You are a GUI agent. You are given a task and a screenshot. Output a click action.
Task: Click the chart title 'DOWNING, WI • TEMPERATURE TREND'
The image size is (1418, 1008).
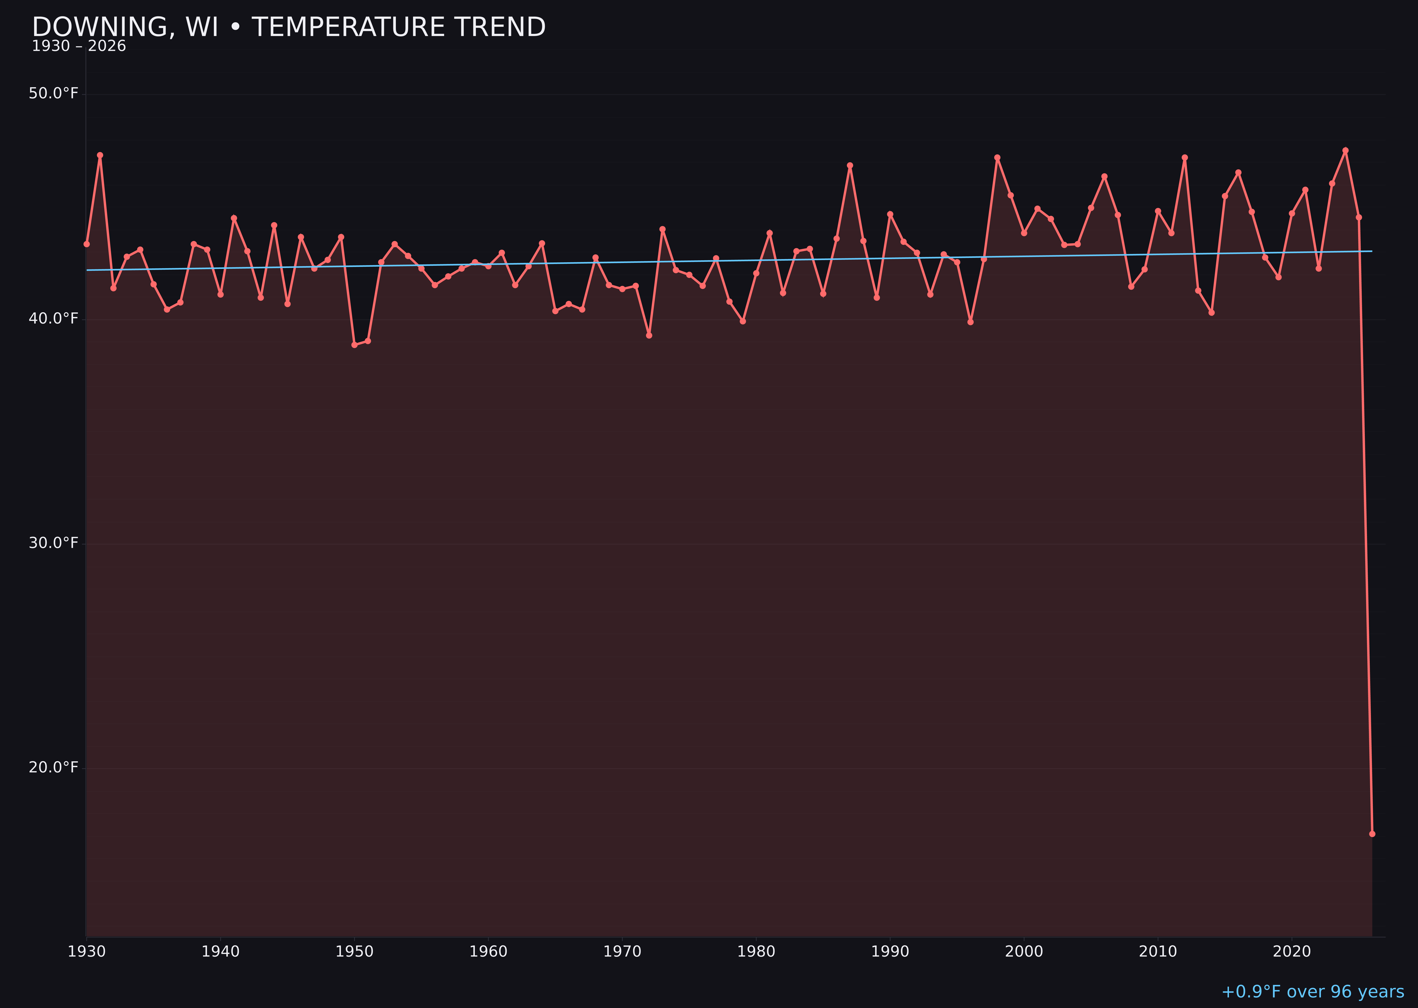tap(289, 27)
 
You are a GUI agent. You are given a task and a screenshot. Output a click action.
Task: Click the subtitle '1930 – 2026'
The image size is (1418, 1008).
tap(79, 46)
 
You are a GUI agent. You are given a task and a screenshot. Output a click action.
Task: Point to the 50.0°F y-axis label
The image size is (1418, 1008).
tap(54, 94)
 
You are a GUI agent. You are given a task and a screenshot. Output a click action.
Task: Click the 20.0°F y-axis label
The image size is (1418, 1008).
tap(54, 768)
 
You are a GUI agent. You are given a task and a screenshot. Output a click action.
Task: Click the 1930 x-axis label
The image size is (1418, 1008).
tap(87, 952)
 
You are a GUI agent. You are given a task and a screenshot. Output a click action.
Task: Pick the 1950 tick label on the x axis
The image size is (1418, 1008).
tap(354, 952)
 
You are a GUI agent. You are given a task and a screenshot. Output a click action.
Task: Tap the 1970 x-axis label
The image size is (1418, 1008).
tap(622, 952)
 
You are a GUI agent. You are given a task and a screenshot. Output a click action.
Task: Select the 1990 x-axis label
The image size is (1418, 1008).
tap(890, 952)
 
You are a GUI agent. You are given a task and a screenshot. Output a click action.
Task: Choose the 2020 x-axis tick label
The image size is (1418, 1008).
tap(1291, 952)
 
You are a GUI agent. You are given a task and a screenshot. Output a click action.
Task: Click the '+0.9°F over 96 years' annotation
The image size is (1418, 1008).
tap(1312, 992)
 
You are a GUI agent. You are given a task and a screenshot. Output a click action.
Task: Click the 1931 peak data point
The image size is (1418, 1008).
tap(100, 155)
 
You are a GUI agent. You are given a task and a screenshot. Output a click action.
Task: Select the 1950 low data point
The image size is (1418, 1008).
tap(354, 345)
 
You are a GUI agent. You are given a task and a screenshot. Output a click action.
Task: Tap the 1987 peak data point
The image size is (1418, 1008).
tap(850, 166)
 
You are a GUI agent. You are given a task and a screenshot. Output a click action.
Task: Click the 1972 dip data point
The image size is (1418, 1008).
tap(649, 335)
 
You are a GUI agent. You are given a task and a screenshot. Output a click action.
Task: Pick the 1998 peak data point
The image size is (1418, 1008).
tap(997, 158)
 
